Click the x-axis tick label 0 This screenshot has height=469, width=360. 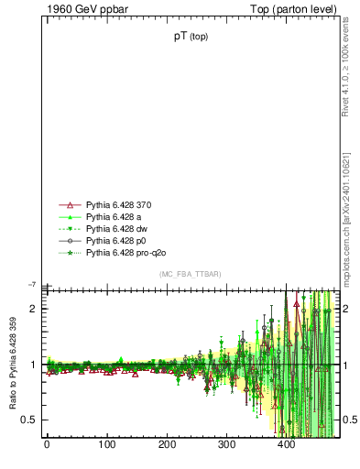click(47, 445)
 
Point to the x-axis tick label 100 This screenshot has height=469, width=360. click(106, 445)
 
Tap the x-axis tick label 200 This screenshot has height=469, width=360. click(167, 445)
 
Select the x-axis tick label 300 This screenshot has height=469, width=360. click(226, 445)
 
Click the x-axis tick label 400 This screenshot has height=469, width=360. click(287, 445)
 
